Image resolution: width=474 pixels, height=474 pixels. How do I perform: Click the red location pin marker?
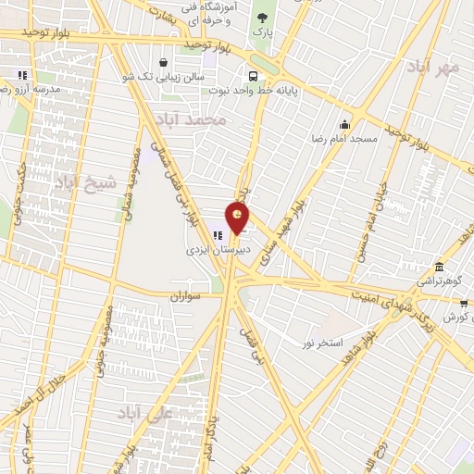[x=239, y=220]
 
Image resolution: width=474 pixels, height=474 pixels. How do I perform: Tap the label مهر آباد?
[x=435, y=68]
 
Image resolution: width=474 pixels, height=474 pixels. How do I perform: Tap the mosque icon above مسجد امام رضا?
[x=344, y=125]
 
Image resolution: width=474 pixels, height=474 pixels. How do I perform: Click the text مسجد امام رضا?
[x=344, y=139]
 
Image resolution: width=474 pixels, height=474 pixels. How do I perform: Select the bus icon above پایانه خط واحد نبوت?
[x=252, y=77]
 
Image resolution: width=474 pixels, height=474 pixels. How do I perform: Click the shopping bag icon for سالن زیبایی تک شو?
[x=163, y=63]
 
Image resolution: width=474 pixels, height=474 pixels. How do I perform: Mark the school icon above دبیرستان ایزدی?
[x=219, y=236]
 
